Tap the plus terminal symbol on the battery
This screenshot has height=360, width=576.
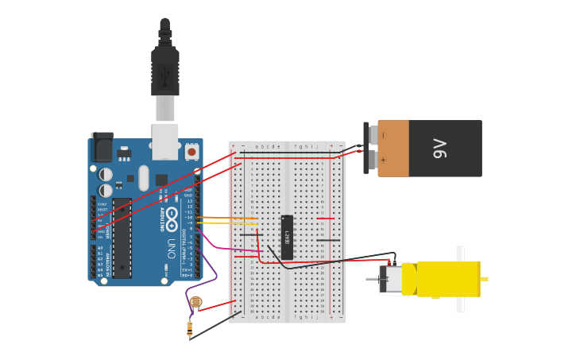(x=383, y=160)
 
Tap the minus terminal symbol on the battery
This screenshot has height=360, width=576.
(x=383, y=136)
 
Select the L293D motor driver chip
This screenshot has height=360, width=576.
(x=287, y=237)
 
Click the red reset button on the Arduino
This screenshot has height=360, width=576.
(x=191, y=150)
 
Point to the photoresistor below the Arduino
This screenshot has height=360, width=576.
(x=195, y=302)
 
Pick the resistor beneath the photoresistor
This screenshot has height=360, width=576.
(x=190, y=327)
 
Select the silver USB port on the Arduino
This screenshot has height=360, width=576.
(x=165, y=140)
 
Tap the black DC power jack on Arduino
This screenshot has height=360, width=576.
(x=102, y=148)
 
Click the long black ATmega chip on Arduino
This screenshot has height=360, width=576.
(x=122, y=238)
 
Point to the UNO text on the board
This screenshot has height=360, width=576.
(x=172, y=248)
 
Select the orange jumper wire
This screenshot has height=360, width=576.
(x=226, y=218)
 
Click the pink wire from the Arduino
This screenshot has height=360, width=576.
(x=222, y=249)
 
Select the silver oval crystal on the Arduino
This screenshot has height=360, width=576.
(x=143, y=177)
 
